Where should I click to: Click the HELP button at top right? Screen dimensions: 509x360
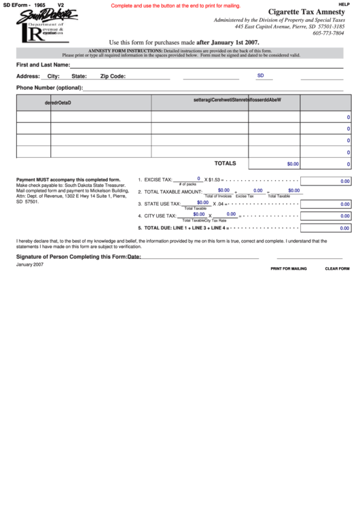tap(344, 4)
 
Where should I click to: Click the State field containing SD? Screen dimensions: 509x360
tap(261, 76)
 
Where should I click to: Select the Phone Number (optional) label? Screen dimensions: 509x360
tap(49, 88)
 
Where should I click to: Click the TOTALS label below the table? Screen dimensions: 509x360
tap(226, 164)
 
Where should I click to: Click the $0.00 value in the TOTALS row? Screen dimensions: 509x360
tap(293, 164)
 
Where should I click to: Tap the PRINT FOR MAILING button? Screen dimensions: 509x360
tap(289, 268)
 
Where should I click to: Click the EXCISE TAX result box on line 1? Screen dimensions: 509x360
tap(325, 181)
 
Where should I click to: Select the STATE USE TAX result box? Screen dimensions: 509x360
tap(325, 204)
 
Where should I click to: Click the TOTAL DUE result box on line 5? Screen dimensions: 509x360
tap(325, 228)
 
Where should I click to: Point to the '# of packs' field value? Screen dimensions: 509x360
tap(188, 179)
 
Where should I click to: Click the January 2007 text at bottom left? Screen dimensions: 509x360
tap(30, 264)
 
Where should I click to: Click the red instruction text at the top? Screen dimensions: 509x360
tap(175, 5)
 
